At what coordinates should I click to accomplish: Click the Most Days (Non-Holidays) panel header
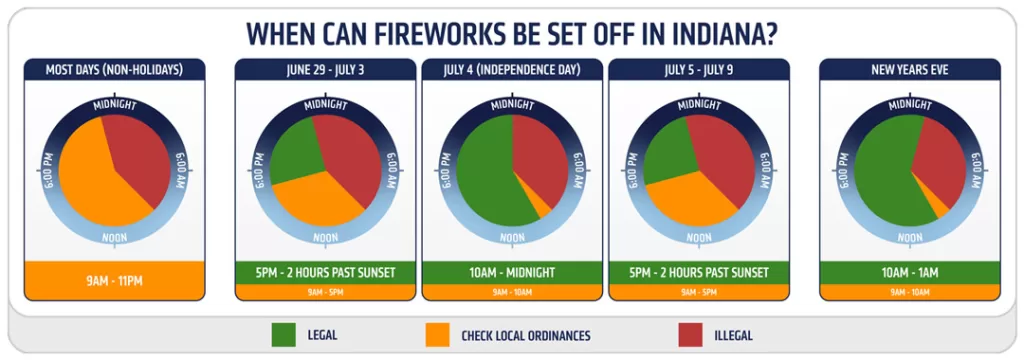[x=114, y=69]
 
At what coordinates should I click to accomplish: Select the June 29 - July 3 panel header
[x=326, y=69]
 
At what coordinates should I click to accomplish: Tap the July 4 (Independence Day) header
[x=512, y=69]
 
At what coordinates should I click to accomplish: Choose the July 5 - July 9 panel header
[x=698, y=69]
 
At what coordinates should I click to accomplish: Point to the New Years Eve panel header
[x=909, y=69]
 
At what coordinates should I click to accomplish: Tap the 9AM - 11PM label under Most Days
[x=114, y=281]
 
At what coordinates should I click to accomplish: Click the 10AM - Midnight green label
[x=512, y=272]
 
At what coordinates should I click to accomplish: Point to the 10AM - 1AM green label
[x=909, y=272]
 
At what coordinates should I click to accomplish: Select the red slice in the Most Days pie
[x=140, y=150]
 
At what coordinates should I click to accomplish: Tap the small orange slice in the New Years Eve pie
[x=937, y=203]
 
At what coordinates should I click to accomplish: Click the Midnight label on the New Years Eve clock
[x=909, y=104]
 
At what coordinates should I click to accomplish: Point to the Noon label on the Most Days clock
[x=114, y=237]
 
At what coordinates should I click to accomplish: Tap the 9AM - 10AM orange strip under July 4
[x=512, y=292]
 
